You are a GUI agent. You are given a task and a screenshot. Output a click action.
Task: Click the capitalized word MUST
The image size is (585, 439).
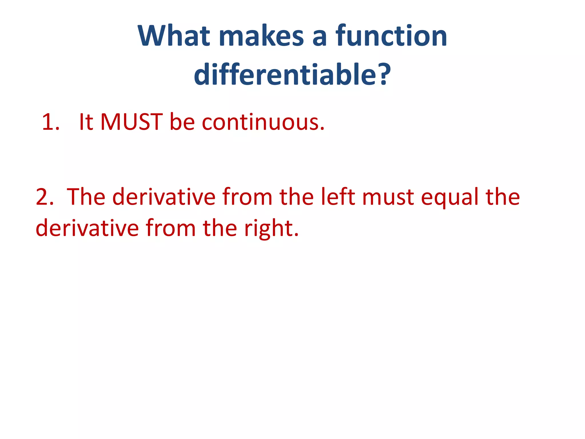point(131,122)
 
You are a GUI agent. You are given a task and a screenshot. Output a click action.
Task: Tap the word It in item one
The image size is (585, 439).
point(86,122)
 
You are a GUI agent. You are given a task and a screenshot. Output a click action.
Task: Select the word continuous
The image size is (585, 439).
point(263,122)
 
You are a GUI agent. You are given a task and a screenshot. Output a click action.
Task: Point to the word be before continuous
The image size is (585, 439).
point(182,122)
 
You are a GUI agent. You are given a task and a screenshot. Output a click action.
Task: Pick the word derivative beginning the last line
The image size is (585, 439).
point(87,228)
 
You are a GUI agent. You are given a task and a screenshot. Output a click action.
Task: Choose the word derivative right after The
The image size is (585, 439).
point(164,197)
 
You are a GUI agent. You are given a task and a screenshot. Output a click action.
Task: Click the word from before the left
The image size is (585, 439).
point(247,197)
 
